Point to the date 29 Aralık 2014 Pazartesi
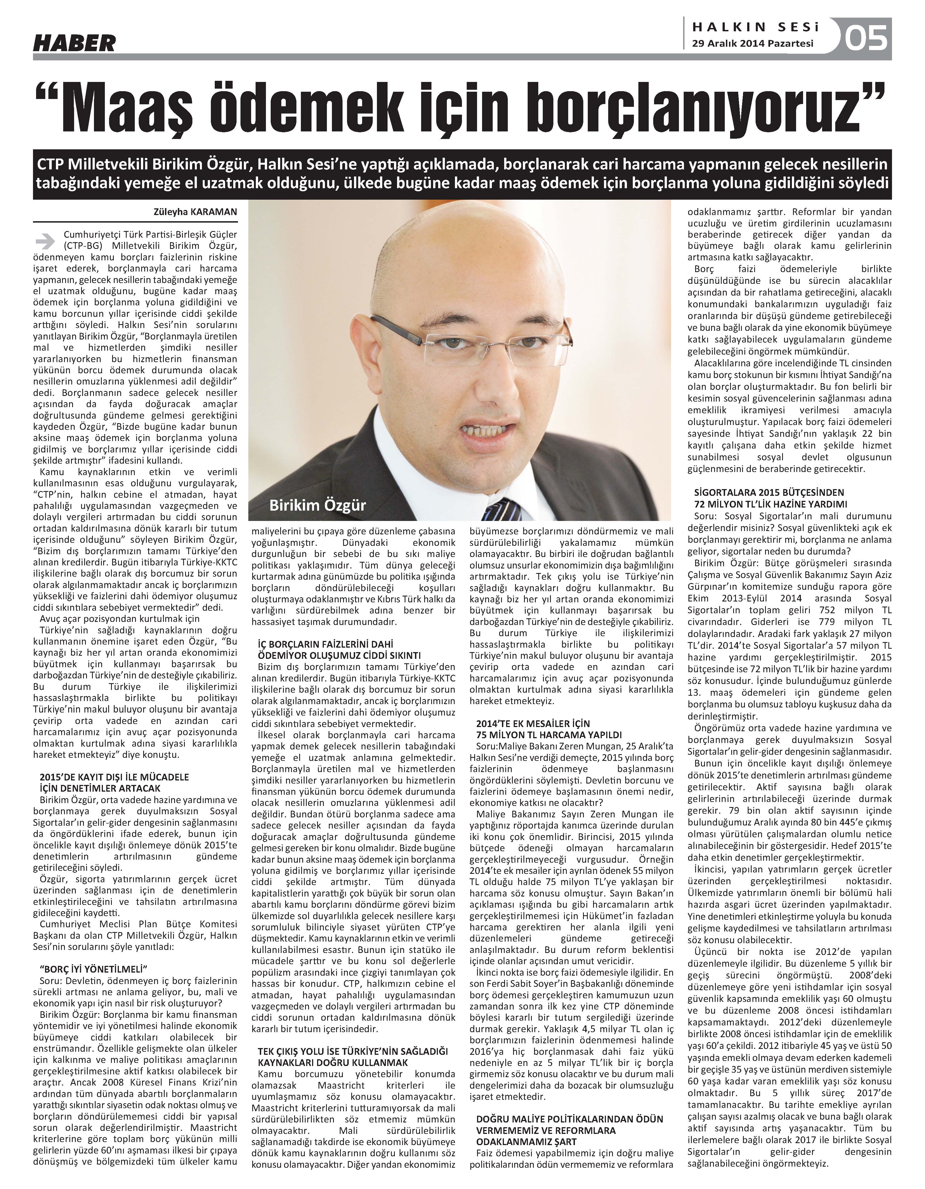(752, 44)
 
